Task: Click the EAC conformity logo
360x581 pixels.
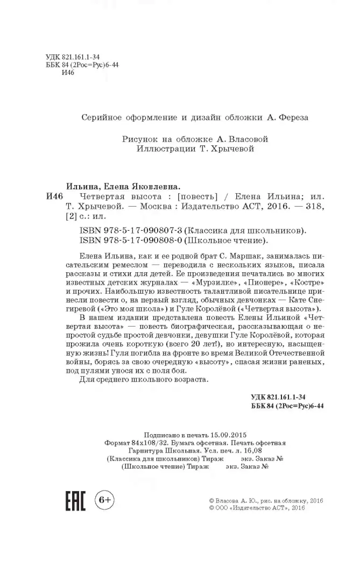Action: [75, 502]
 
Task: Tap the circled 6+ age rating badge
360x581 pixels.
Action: [104, 500]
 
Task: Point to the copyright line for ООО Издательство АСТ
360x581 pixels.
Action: [257, 507]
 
